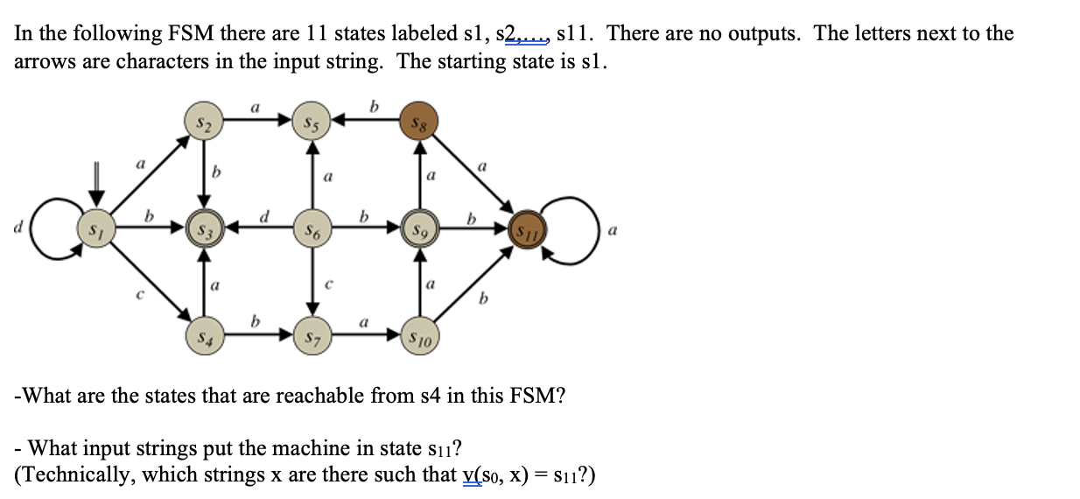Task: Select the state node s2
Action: point(204,122)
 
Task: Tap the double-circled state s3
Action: point(204,231)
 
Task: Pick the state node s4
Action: point(204,336)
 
